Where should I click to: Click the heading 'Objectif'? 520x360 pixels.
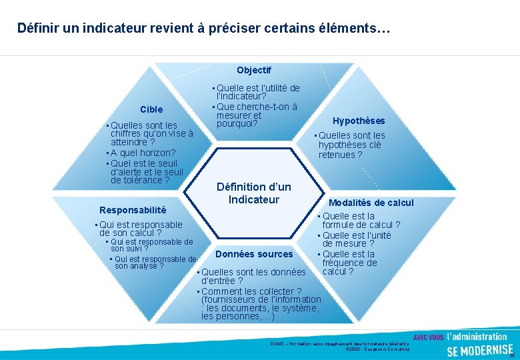[253, 70]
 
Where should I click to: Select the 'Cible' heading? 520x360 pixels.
[151, 109]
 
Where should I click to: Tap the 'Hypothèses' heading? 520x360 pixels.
[359, 121]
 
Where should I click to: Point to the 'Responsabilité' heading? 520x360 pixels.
[133, 210]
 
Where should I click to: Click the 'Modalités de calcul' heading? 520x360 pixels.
[371, 203]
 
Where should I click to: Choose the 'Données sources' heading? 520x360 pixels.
[253, 254]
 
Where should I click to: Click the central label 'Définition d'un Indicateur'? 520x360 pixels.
[253, 193]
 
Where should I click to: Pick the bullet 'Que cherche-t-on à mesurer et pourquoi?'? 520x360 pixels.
[255, 115]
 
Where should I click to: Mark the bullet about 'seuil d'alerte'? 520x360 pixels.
[143, 171]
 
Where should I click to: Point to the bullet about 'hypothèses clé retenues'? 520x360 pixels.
[351, 145]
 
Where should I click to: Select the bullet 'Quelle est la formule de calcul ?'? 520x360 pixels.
[361, 221]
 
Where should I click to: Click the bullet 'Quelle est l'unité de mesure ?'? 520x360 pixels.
[356, 239]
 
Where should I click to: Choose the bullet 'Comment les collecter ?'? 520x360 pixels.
[251, 291]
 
